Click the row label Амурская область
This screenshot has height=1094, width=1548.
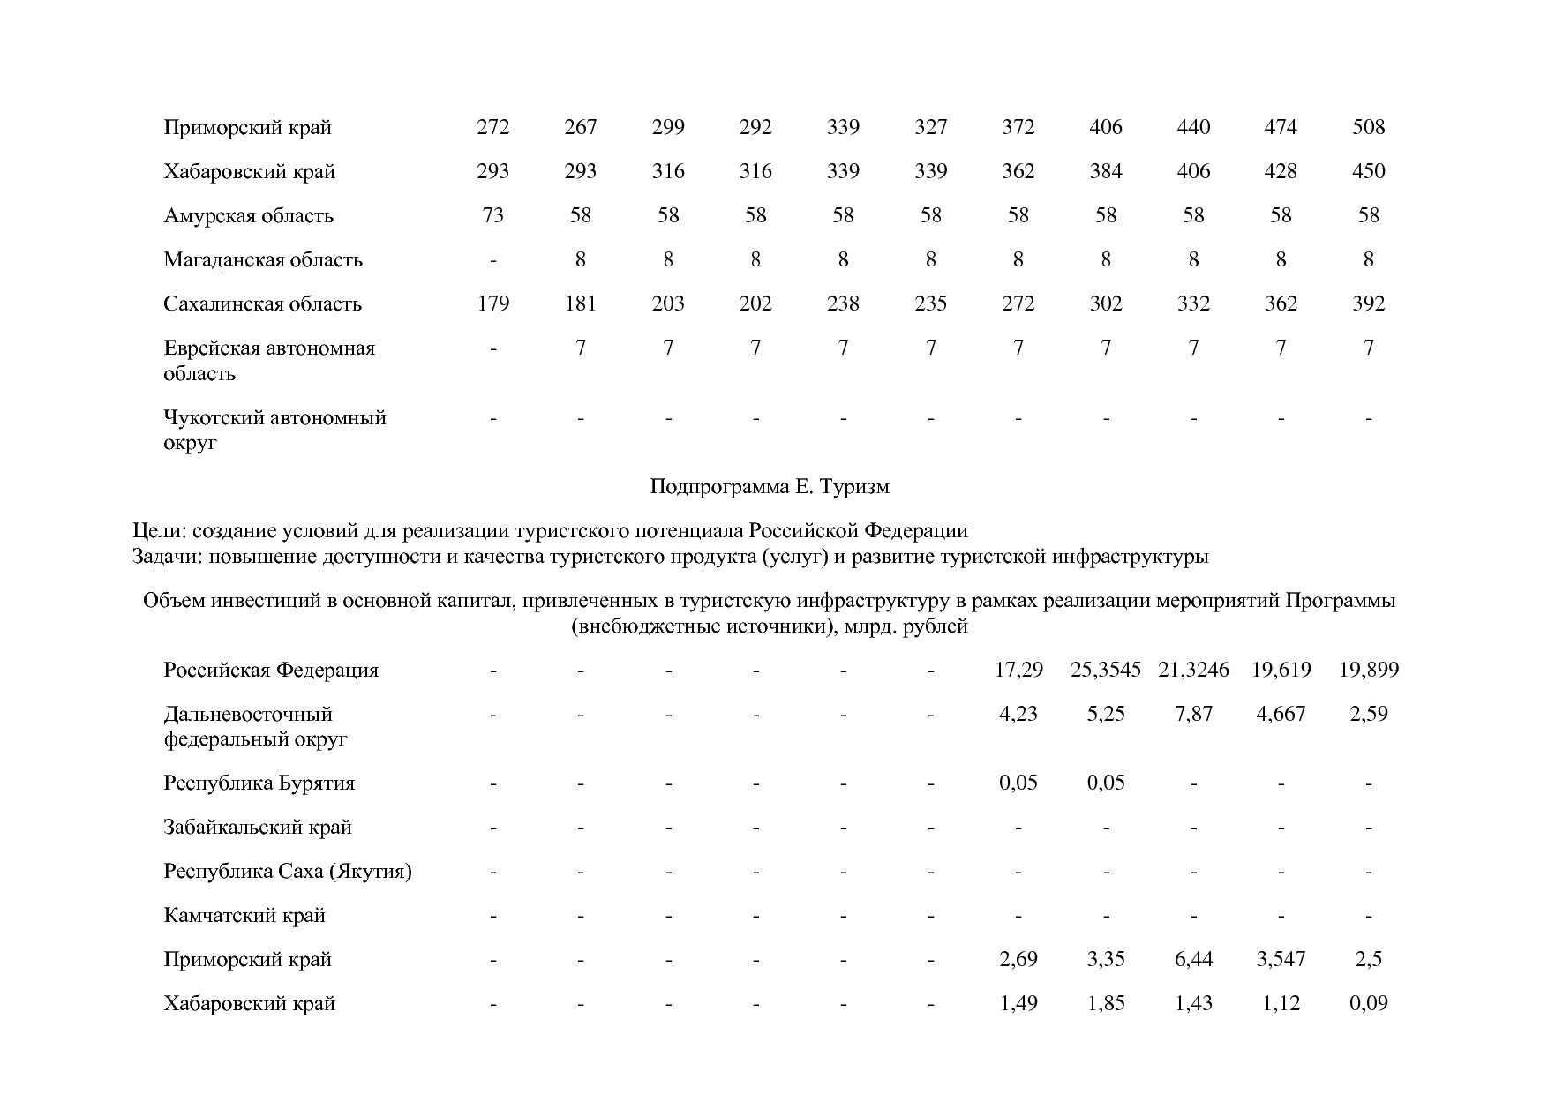pyautogui.click(x=248, y=216)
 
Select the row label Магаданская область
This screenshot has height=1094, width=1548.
pyautogui.click(x=262, y=260)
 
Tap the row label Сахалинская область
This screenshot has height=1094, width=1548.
pyautogui.click(x=262, y=304)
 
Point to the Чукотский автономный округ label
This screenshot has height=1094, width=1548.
pyautogui.click(x=274, y=430)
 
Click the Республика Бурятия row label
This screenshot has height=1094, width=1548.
pyautogui.click(x=259, y=783)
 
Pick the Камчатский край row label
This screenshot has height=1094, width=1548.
pyautogui.click(x=244, y=916)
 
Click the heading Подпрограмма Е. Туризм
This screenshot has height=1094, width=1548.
pyautogui.click(x=770, y=487)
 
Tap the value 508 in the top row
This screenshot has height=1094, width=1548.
pyautogui.click(x=1368, y=128)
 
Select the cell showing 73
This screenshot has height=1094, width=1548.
pyautogui.click(x=492, y=216)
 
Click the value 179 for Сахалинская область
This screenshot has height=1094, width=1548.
pyautogui.click(x=492, y=304)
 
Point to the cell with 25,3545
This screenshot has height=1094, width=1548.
pyautogui.click(x=1105, y=671)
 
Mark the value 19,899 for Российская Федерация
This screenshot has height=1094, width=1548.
pyautogui.click(x=1368, y=671)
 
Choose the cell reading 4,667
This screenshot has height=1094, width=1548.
pyautogui.click(x=1281, y=714)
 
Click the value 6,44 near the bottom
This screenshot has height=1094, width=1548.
pyautogui.click(x=1193, y=960)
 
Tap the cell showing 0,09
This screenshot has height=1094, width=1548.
pyautogui.click(x=1368, y=1004)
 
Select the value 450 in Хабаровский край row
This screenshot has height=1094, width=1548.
pyautogui.click(x=1368, y=172)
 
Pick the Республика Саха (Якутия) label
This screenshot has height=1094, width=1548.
pyautogui.click(x=288, y=872)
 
